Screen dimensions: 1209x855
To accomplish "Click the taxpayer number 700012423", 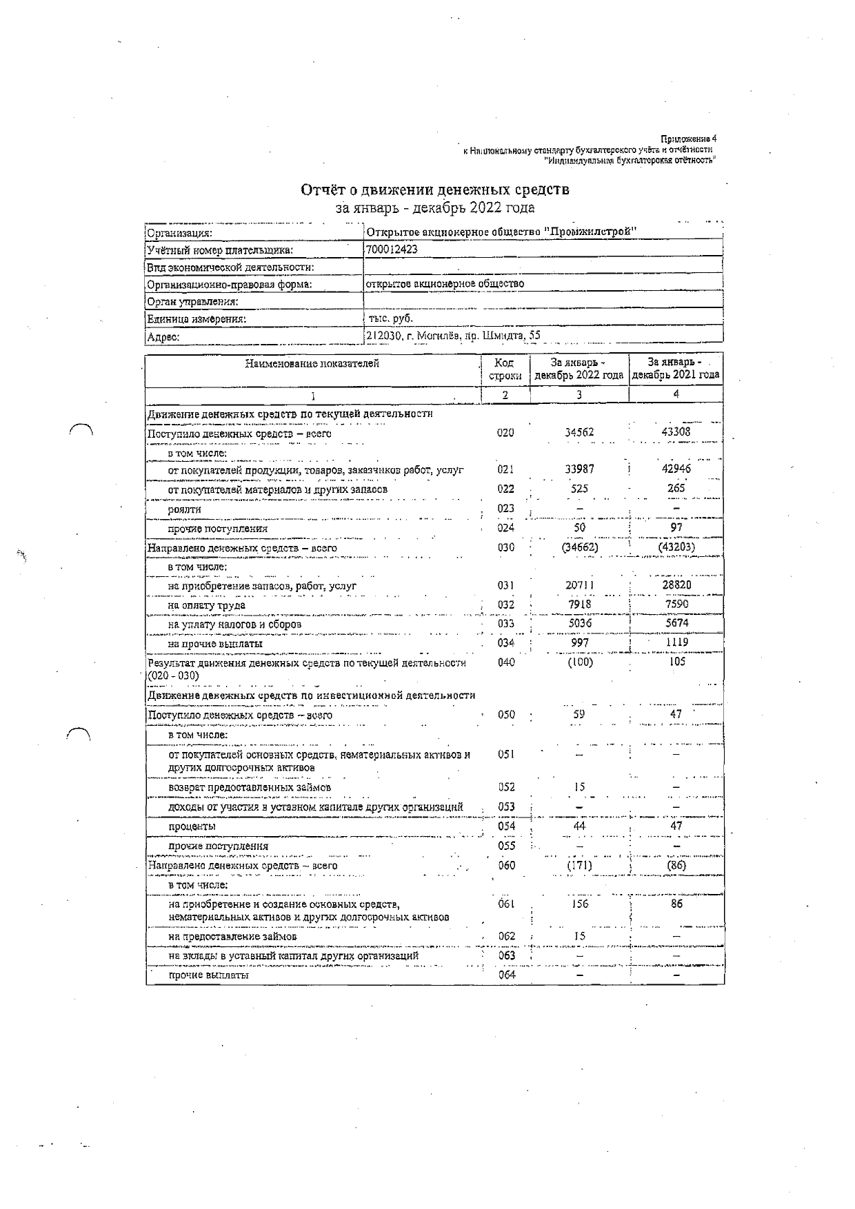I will tap(392, 250).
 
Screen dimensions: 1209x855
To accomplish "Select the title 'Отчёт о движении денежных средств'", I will tap(435, 190).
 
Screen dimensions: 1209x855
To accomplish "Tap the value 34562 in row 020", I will tap(579, 432).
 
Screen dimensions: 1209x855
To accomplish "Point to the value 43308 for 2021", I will tap(676, 431).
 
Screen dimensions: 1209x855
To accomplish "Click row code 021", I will tap(505, 469).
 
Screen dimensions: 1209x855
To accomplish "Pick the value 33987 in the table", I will tap(579, 469).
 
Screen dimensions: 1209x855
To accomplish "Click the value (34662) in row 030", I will tap(579, 547).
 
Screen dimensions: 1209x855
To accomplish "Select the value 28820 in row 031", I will tap(676, 585).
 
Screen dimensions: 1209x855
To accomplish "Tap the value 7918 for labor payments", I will tap(579, 604).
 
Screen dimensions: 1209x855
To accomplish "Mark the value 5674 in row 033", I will tap(676, 622).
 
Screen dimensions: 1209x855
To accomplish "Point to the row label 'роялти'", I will tap(185, 509).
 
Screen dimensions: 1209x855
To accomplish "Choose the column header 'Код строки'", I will tap(505, 369).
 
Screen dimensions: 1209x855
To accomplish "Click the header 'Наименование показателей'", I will tap(312, 364).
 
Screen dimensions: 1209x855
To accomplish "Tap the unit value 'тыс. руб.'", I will tap(390, 318).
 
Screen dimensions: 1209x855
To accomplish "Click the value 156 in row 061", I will tap(580, 904).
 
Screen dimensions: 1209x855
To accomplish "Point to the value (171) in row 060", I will tap(579, 865).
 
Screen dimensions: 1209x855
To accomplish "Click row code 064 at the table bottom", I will tap(506, 975).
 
